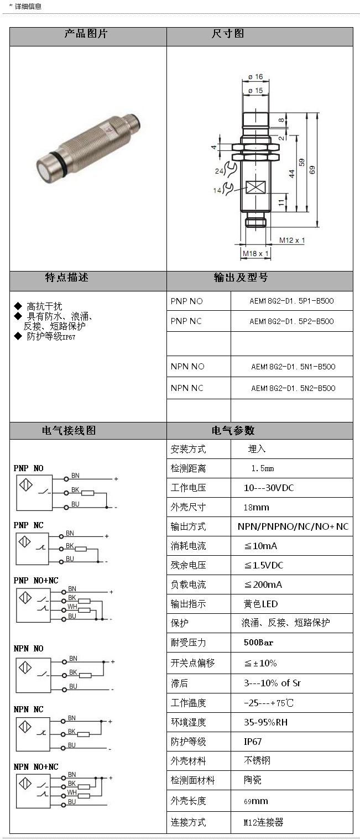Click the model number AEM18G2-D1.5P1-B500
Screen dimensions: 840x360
[x=291, y=301]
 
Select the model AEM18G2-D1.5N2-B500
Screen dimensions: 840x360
[x=293, y=388]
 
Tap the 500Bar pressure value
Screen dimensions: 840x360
[x=259, y=643]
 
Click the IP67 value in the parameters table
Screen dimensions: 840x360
[x=253, y=742]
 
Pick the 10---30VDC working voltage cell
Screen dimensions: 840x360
[x=269, y=488]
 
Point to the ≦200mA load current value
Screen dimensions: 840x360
[x=261, y=585]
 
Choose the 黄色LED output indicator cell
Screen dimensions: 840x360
[x=261, y=604]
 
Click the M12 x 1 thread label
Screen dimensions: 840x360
[x=292, y=240]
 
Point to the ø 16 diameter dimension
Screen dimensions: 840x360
[x=255, y=77]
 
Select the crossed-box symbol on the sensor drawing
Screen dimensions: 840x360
[x=255, y=187]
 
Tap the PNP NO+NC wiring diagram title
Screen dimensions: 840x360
[x=36, y=581]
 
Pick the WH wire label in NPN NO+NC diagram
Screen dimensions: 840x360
[x=71, y=792]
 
